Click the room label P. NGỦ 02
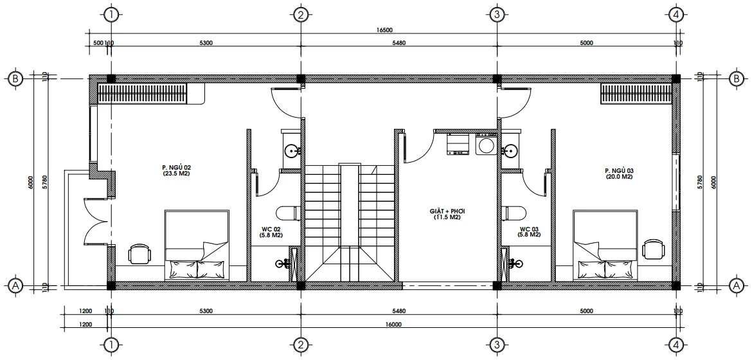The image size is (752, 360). (x=177, y=167)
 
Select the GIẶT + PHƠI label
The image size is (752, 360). (x=448, y=211)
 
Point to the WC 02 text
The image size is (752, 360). (x=269, y=229)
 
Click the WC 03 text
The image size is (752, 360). (x=529, y=229)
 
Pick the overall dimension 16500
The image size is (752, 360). (x=385, y=31)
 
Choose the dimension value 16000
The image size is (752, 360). (x=393, y=325)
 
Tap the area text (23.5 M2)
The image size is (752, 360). (x=177, y=174)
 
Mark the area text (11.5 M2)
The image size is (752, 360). (x=448, y=217)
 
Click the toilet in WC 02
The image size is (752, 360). (x=287, y=212)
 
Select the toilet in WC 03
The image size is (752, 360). (x=512, y=212)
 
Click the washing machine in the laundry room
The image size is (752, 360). (x=485, y=145)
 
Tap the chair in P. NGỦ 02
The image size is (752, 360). (x=139, y=253)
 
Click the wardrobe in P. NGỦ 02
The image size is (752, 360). (x=143, y=93)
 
